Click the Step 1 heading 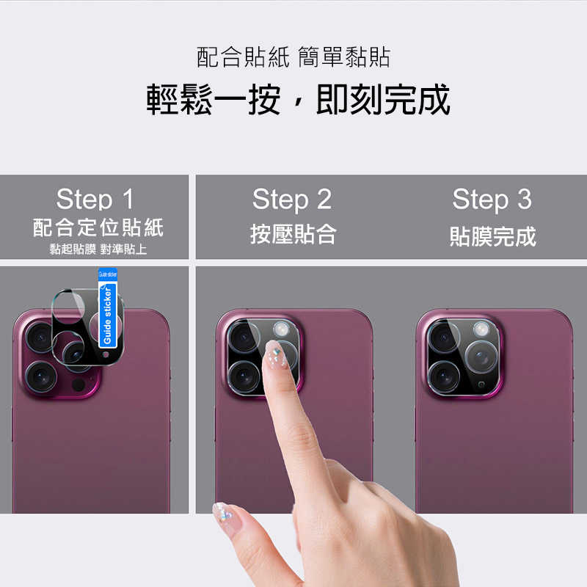[x=95, y=199]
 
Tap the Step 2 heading [x=291, y=199]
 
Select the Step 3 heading [x=491, y=199]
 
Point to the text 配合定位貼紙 [x=98, y=227]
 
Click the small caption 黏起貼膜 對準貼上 [x=98, y=249]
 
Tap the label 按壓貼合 [x=293, y=235]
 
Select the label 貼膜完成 [x=492, y=236]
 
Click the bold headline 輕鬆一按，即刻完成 [x=297, y=101]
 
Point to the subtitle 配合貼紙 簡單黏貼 [x=293, y=57]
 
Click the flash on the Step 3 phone [x=480, y=328]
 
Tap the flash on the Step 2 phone [x=280, y=328]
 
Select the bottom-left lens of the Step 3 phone [x=444, y=376]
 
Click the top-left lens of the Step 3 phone [x=444, y=337]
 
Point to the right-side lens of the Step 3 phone [x=481, y=358]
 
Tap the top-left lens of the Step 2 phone [x=243, y=336]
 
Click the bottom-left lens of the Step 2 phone [x=244, y=376]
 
